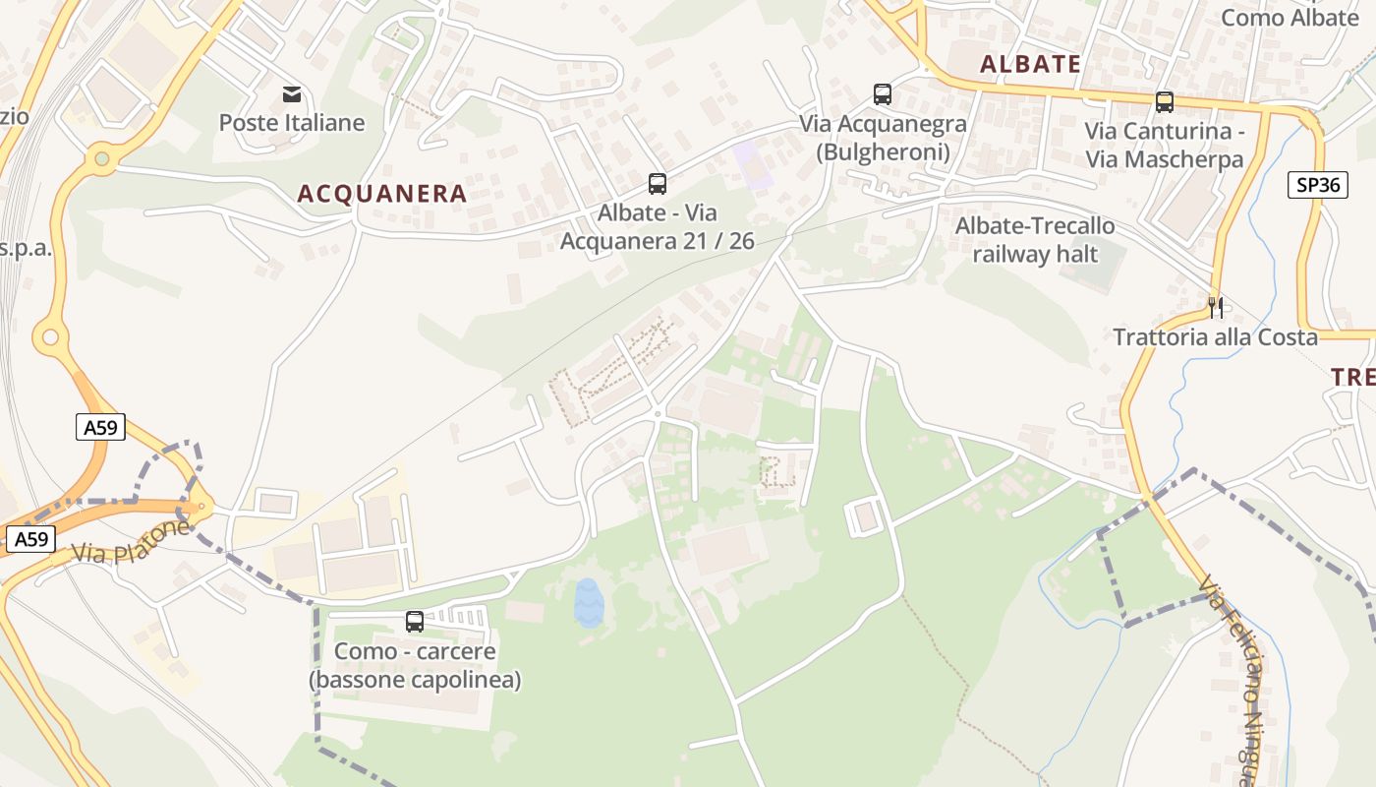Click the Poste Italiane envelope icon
pos(292,94)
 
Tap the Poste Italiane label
pos(292,123)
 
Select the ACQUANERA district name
pos(382,193)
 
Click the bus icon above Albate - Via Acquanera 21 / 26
pos(658,183)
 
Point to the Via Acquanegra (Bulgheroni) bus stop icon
pos(883,94)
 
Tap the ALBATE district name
pos(1031,65)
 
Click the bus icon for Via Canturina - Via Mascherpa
pos(1165,101)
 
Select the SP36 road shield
pos(1317,185)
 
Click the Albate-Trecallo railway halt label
pos(1035,240)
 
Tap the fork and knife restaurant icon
pos(1216,308)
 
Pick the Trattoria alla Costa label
pos(1215,337)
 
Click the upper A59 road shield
pos(100,427)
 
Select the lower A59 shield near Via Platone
pos(31,539)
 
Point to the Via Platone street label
pos(130,542)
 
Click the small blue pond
pos(588,602)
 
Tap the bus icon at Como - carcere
pos(415,622)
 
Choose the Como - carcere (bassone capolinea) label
pos(415,666)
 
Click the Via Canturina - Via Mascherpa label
pos(1165,145)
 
